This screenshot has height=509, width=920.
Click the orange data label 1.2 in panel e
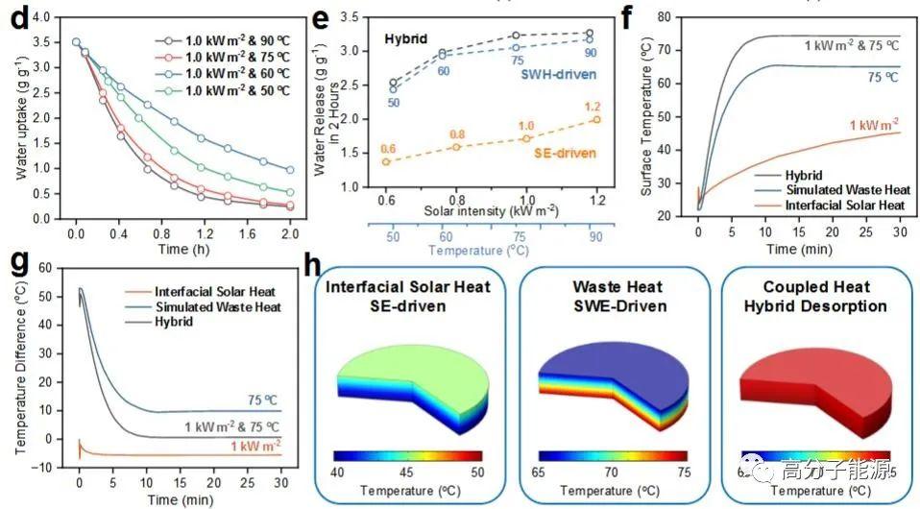click(594, 106)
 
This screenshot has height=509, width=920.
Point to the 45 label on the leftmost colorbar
click(407, 473)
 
